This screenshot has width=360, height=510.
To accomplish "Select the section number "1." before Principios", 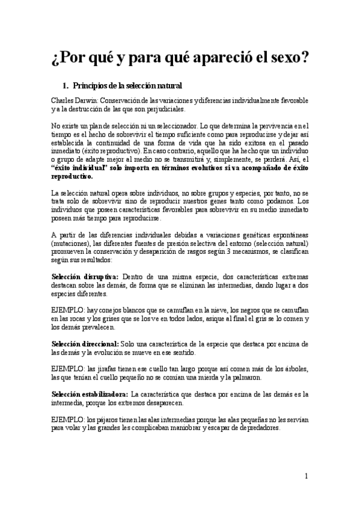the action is (x=67, y=86).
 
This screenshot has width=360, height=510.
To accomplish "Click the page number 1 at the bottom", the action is (x=306, y=477).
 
